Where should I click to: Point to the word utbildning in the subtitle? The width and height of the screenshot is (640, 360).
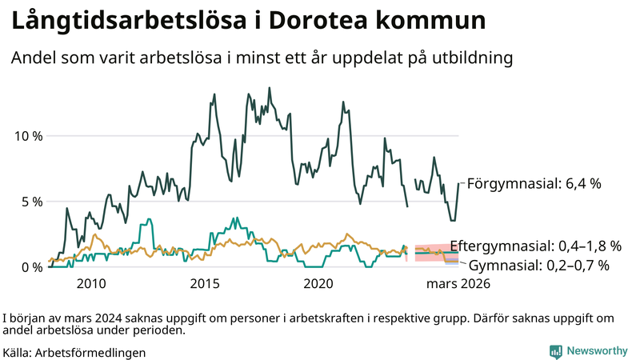(467, 58)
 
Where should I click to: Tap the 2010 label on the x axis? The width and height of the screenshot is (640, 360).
(91, 283)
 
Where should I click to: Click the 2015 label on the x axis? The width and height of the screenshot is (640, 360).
(205, 283)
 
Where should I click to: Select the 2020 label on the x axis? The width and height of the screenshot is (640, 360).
(318, 283)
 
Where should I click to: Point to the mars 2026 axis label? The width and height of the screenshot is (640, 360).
(457, 283)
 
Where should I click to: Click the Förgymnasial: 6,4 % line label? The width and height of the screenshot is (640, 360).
(533, 183)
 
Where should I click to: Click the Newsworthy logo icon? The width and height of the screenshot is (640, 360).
(555, 351)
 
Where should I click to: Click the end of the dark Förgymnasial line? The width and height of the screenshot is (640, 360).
(459, 183)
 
